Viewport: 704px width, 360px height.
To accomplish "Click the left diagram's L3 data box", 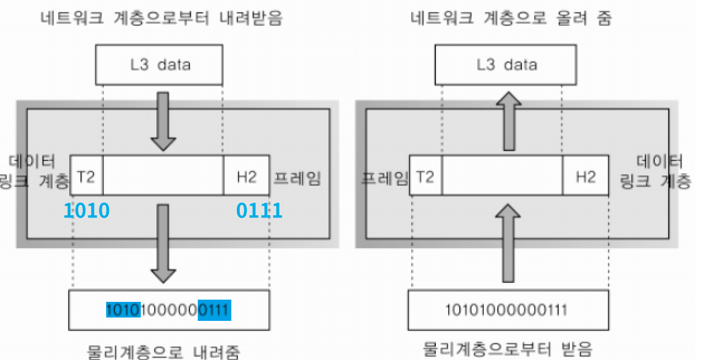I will click(159, 64).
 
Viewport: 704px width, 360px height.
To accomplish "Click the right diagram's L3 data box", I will click(506, 64).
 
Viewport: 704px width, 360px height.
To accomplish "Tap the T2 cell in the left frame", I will click(87, 176).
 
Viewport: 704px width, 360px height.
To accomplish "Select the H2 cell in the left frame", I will click(246, 176).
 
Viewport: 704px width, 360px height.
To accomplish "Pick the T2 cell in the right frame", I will click(426, 176).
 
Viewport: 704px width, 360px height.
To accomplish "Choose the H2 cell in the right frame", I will click(586, 176).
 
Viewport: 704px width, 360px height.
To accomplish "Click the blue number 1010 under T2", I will click(87, 211).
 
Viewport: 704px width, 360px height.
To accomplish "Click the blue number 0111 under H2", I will click(259, 211).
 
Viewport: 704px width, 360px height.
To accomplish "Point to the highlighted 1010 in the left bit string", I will click(122, 309).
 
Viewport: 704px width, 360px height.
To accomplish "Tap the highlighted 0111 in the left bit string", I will click(214, 309).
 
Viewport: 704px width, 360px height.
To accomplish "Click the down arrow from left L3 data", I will click(163, 122).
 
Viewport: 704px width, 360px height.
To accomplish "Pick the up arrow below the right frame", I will click(508, 242).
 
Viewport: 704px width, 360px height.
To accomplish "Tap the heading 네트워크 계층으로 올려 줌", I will click(511, 18).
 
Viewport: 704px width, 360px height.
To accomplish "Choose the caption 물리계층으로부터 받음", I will click(508, 349).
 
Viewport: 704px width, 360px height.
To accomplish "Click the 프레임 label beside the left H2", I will click(297, 178).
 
